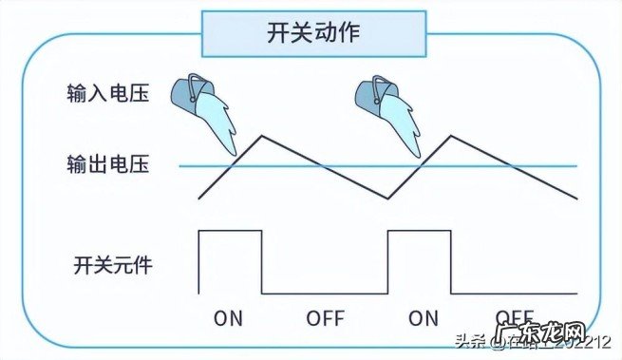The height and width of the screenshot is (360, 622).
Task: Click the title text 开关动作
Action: tap(310, 32)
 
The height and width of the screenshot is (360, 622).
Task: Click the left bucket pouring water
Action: tap(191, 93)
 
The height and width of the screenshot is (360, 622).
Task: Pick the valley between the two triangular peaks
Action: tap(388, 199)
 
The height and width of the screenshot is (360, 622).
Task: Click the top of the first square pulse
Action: tap(230, 230)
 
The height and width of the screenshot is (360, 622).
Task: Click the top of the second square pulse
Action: tap(420, 230)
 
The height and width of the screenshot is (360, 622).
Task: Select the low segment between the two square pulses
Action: tap(325, 294)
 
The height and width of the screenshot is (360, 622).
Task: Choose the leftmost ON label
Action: tap(229, 318)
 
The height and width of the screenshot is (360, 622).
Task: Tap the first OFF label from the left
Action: tap(325, 318)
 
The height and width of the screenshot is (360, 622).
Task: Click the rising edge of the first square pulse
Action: tap(198, 261)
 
